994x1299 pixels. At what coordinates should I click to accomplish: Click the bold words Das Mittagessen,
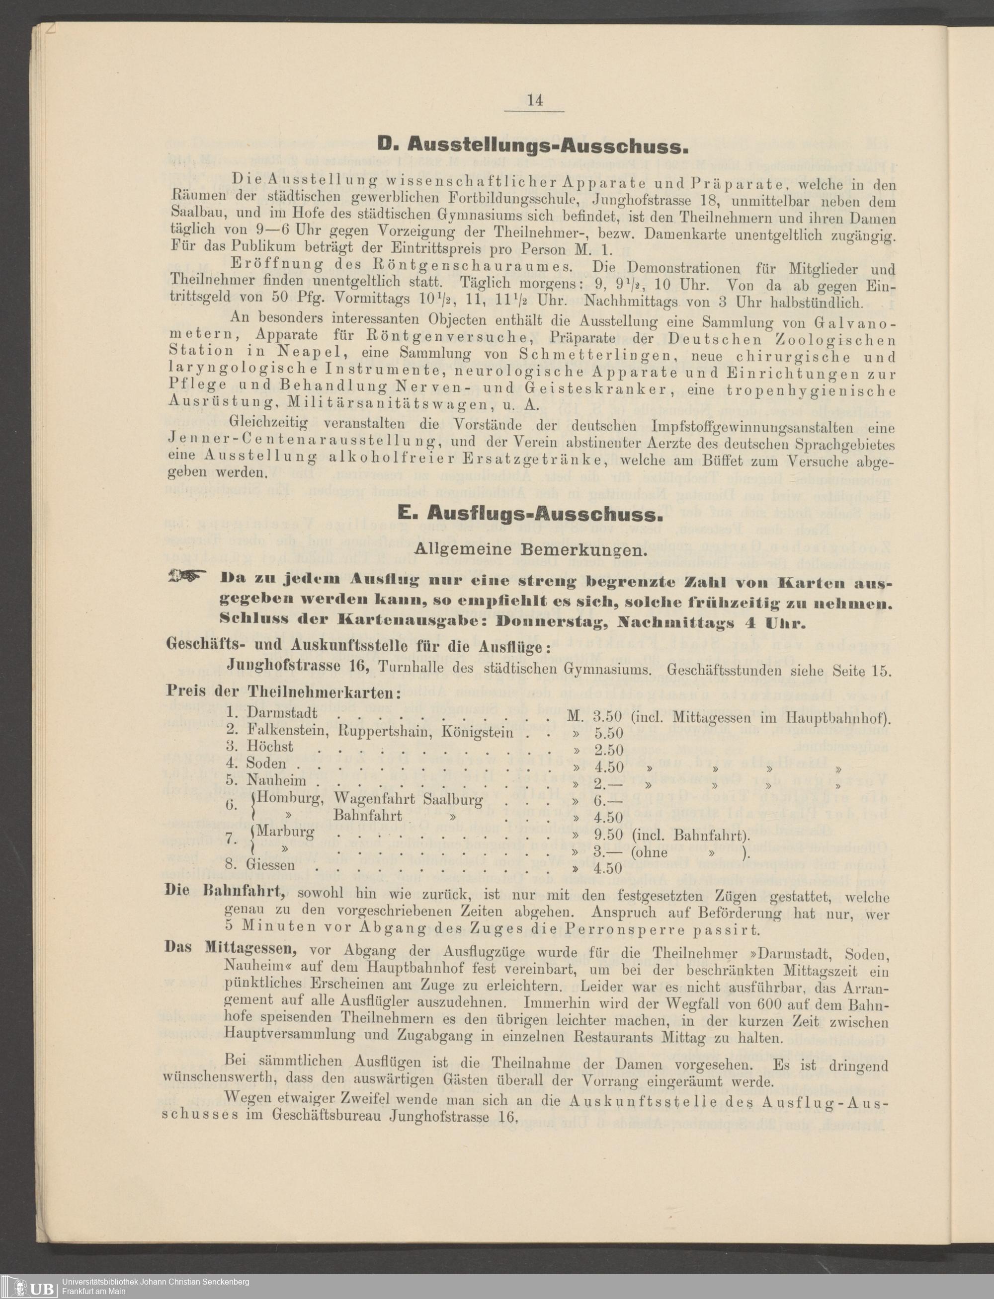231,948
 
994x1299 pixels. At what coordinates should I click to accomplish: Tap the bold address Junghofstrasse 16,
299,666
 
